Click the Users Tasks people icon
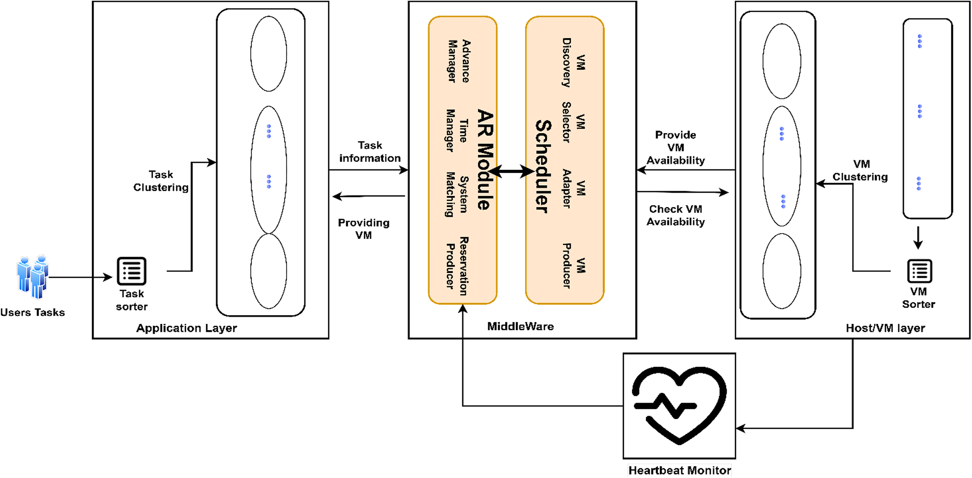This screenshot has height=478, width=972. click(x=32, y=277)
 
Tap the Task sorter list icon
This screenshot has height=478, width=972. click(x=131, y=271)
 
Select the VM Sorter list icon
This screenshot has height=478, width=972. click(x=919, y=271)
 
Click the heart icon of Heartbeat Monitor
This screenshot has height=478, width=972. click(x=679, y=405)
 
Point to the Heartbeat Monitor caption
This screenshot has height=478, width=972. click(x=679, y=470)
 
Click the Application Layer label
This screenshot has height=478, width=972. click(x=186, y=328)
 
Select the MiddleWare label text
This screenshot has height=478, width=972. click(x=520, y=326)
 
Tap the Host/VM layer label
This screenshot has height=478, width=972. click(x=885, y=328)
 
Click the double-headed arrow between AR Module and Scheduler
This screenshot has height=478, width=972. click(x=511, y=171)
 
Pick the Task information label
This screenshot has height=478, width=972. click(x=370, y=152)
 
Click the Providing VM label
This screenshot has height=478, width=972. click(x=363, y=229)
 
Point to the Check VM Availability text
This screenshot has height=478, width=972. click(x=675, y=215)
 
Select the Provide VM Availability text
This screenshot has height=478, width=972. click(x=675, y=147)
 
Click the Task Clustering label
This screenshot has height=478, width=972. click(x=161, y=181)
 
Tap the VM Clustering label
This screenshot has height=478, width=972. click(x=860, y=170)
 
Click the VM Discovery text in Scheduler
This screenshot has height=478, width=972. click(x=573, y=62)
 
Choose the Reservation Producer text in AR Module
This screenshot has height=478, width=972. click(x=457, y=266)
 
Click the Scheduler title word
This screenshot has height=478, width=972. click(x=543, y=166)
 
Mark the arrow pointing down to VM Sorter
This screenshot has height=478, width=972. click(x=918, y=238)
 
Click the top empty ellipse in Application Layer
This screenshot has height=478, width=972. click(x=269, y=54)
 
